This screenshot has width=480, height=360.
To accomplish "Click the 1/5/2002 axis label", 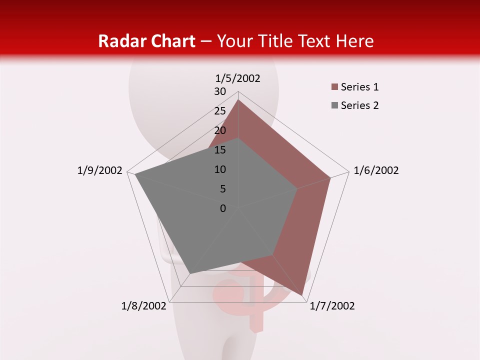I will [x=238, y=78].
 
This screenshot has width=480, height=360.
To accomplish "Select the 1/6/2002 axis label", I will [x=376, y=170].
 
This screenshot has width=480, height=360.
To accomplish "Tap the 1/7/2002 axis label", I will [x=332, y=306].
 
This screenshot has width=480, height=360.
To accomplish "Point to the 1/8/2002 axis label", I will [x=144, y=306].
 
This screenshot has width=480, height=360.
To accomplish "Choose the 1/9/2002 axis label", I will [x=100, y=170].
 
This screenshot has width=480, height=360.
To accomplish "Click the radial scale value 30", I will [x=220, y=91].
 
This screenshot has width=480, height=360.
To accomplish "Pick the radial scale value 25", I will [x=220, y=111].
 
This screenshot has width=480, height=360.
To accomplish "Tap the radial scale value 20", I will [x=220, y=130].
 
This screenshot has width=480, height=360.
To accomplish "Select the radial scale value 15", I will [x=220, y=150].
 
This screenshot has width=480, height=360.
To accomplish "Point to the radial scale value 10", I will [x=220, y=169].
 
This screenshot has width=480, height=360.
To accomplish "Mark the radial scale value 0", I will [x=223, y=208].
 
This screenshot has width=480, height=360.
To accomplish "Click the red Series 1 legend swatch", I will [x=334, y=87].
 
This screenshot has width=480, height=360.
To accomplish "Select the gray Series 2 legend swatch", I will [x=334, y=105].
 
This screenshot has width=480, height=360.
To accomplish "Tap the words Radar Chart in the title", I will [x=146, y=41].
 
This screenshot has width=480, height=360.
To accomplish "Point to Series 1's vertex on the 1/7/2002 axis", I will [x=302, y=295].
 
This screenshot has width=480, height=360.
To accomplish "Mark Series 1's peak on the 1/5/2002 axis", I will [x=238, y=100].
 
